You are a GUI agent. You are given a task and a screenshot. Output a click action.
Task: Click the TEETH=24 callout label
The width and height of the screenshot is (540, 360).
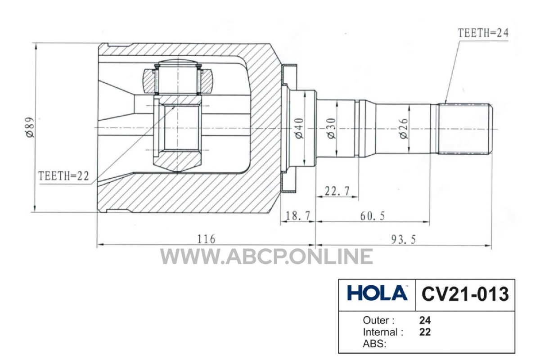coord(483,33)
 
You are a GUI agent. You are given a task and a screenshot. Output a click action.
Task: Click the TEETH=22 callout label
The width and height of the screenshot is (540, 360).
coord(63,176)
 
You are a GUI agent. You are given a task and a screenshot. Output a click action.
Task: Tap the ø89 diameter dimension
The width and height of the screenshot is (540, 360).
coord(31,127)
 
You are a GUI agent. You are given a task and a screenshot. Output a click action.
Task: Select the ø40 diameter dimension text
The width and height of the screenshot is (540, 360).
coord(299,128)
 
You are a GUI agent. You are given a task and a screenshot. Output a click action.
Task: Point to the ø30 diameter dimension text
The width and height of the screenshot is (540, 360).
coord(332,128)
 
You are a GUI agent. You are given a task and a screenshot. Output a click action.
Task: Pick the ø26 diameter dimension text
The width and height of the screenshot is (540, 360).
coord(404,129)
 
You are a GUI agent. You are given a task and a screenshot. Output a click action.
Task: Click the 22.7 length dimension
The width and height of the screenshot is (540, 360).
coord(337,191)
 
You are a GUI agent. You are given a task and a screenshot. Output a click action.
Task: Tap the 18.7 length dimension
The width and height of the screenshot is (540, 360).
coord(297,216)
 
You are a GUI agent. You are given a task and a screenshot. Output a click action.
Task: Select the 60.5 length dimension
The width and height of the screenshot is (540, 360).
coord(373,216)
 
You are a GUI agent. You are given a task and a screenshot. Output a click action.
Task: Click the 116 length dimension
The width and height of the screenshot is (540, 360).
coord(206,239)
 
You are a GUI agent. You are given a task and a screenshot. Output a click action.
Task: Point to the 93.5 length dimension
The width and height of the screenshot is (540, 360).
coord(403,239)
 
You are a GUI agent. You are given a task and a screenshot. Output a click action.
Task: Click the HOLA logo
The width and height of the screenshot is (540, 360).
coord(377,293)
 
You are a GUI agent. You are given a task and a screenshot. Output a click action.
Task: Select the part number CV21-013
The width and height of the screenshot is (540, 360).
coord(465,294)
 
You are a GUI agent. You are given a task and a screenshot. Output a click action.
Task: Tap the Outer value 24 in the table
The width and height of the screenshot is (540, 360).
coord(425,320)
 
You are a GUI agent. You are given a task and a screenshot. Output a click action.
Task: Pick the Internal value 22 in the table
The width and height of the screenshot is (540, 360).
coord(425,332)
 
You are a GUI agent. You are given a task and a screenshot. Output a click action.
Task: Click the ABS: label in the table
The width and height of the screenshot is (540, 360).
coord(374,344)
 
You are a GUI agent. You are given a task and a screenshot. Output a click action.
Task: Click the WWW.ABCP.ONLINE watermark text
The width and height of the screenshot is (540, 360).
coord(266,256)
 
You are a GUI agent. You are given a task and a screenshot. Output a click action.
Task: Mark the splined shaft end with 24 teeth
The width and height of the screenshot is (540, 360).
coord(465,129)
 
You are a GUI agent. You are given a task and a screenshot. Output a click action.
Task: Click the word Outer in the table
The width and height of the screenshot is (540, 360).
coord(376,320)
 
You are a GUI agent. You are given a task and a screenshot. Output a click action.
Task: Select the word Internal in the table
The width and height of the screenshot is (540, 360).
coord(381,332)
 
